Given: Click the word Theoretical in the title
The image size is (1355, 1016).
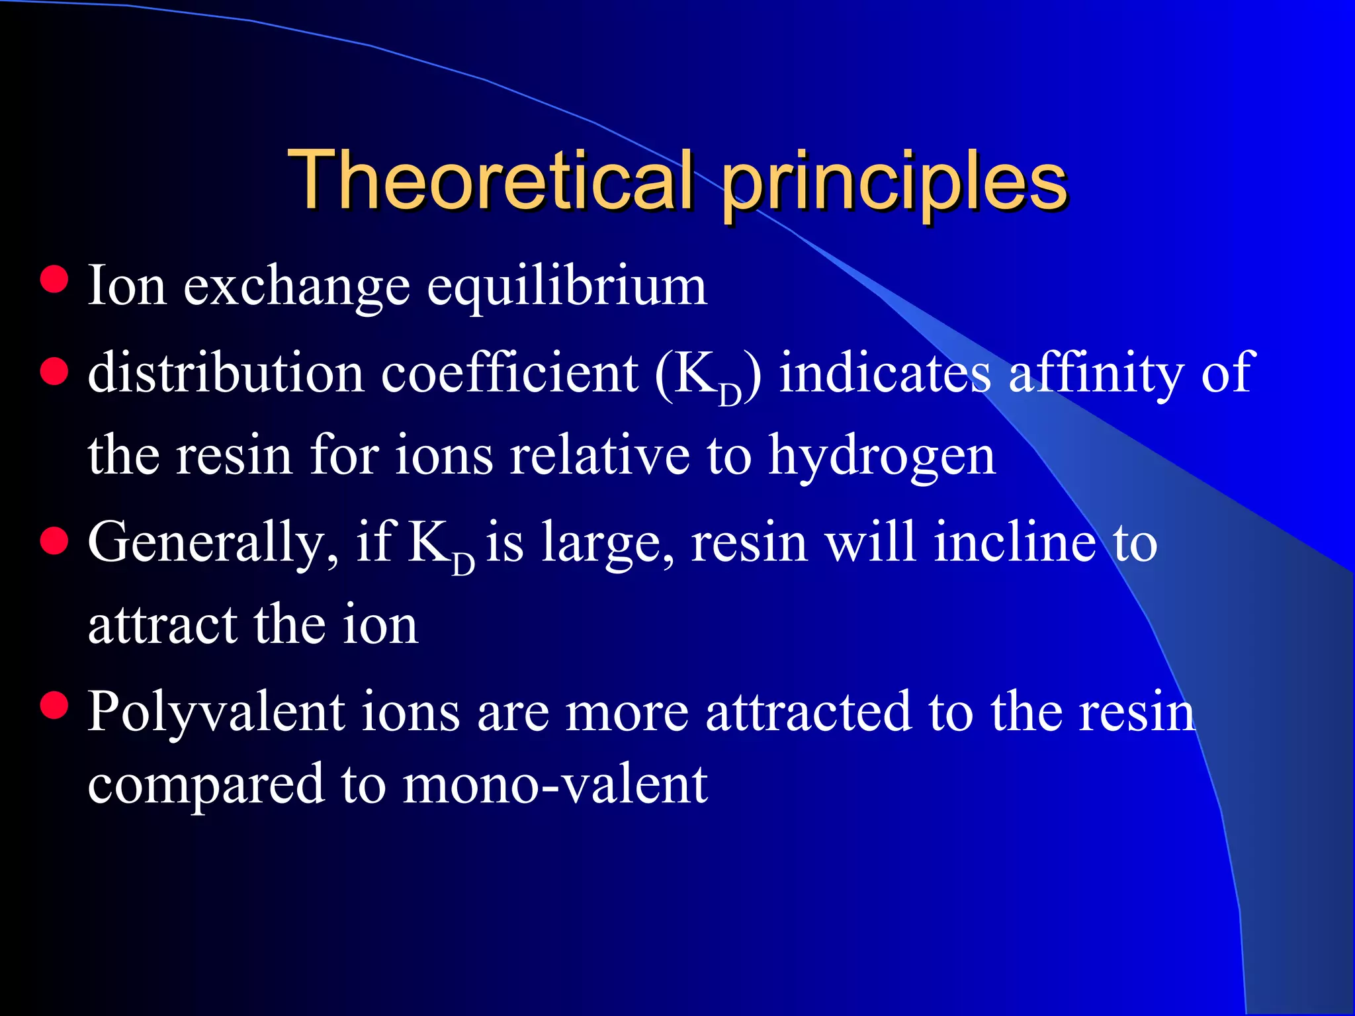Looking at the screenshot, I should click(490, 180).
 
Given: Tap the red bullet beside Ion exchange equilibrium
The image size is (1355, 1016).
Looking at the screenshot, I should click(54, 279).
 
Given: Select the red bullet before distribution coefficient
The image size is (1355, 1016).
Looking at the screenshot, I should click(54, 371).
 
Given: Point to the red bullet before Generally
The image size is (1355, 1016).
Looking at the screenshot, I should click(54, 541).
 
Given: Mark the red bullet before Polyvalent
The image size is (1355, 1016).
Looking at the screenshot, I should click(54, 705).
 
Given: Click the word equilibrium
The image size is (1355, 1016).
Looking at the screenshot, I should click(567, 288).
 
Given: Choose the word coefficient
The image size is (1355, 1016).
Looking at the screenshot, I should click(509, 373).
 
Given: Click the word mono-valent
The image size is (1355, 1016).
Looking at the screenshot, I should click(555, 784).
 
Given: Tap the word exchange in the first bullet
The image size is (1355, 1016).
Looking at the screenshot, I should click(296, 288).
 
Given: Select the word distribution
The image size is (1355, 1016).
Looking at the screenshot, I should click(226, 373).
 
